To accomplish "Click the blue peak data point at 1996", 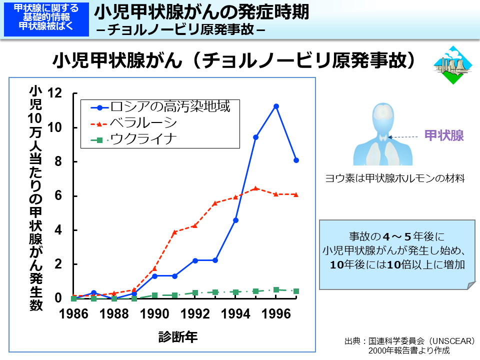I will pos(276,106).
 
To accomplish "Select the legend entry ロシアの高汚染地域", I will pos(170,106).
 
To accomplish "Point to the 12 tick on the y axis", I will pos(55,93).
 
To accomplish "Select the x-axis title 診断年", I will pos(178,336).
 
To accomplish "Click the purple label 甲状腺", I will pos(444,135).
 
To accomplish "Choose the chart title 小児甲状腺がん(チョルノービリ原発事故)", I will pos(235,60).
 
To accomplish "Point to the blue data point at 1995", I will pos(255,137).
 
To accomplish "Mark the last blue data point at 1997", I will pos(296,160).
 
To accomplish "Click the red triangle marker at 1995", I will pos(255,188).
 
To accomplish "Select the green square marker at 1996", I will pos(276,289).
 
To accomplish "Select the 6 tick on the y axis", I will pos(58,196).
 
